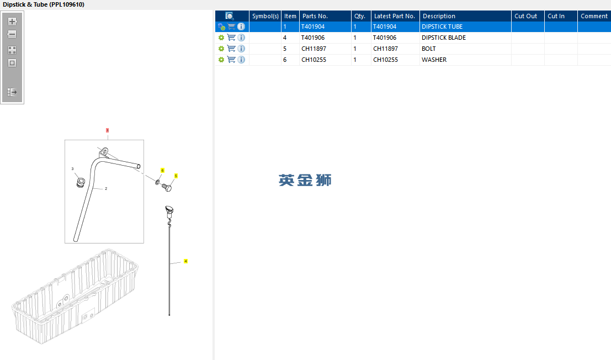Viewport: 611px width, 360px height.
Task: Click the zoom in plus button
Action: tap(12, 22)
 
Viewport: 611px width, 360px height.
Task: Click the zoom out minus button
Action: tap(12, 34)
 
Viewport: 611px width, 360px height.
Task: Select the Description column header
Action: tap(439, 16)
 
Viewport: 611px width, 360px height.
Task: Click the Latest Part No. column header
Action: tap(394, 16)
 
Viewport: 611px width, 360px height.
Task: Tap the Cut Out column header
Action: tap(525, 16)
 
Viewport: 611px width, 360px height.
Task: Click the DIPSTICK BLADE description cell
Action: tap(443, 38)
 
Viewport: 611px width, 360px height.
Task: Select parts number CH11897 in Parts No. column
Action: tap(314, 49)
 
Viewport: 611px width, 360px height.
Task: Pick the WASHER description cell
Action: tap(434, 60)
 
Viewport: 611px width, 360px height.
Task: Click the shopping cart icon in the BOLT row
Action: tap(231, 49)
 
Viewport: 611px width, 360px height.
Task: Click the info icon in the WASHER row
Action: tap(241, 60)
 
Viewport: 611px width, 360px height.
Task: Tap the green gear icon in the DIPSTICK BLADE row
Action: tap(221, 38)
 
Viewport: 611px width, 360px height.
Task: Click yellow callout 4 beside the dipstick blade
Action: tap(185, 261)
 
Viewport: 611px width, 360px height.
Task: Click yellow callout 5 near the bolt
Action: tap(176, 176)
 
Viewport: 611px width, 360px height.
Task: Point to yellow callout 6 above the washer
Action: tap(162, 170)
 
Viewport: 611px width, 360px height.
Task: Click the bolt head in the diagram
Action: tap(167, 188)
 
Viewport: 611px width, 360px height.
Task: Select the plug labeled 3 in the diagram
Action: tap(81, 182)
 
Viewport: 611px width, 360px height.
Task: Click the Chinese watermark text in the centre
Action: tap(305, 181)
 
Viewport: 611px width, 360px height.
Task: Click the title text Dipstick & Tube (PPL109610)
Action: tap(44, 4)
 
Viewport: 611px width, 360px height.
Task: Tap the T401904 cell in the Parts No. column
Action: tap(313, 27)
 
